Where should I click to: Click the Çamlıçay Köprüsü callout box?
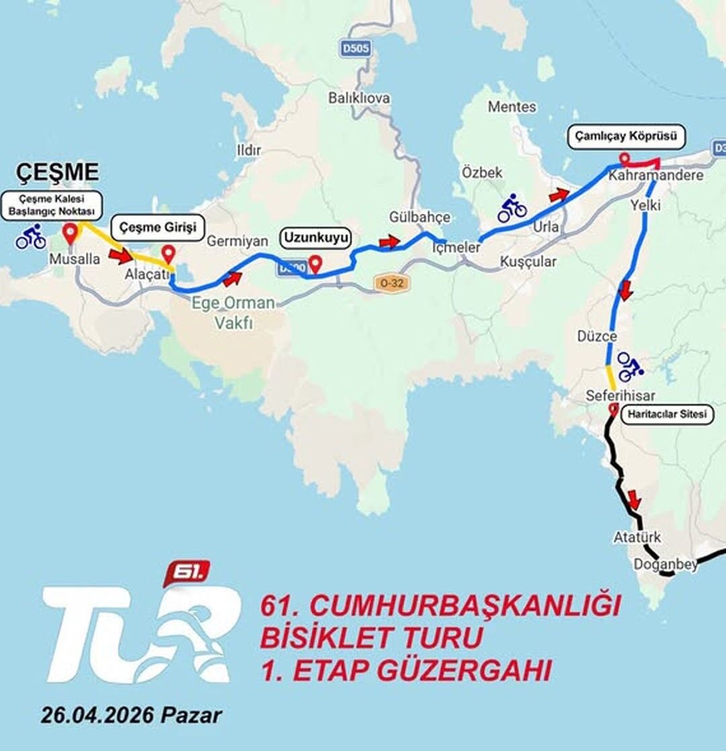627,137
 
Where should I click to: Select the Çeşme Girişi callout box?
157,228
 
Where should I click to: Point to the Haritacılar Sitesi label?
667,415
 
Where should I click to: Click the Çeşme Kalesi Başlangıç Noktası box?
51,205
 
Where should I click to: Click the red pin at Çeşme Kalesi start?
70,234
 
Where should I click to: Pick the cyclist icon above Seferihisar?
630,366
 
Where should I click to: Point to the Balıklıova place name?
359,98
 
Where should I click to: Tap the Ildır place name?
249,150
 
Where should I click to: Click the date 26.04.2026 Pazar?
130,714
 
